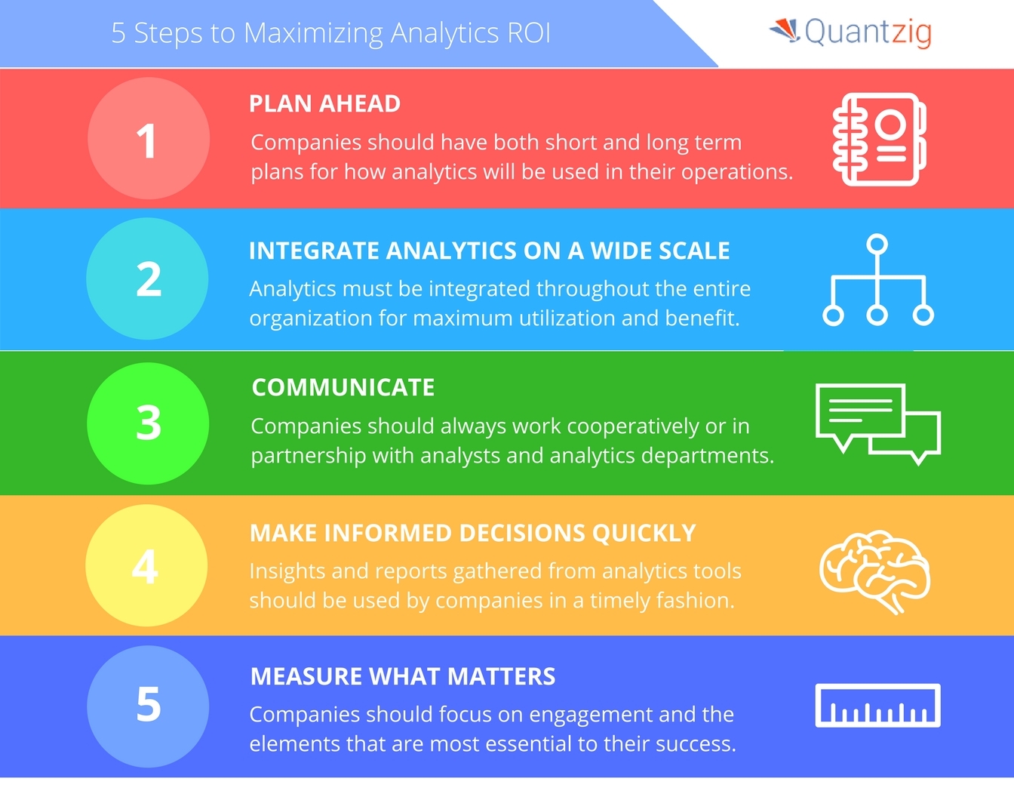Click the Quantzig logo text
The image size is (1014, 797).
[x=868, y=32]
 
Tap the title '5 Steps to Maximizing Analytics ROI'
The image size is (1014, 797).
[x=331, y=34]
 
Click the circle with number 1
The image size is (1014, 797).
[x=149, y=138]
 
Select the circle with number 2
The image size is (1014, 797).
[x=147, y=278]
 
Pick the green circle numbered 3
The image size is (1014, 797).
[x=148, y=423]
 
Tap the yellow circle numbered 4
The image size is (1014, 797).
[x=146, y=565]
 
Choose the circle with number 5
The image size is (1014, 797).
[x=148, y=706]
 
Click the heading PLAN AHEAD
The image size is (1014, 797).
[x=324, y=103]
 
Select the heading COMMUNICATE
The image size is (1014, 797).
[x=343, y=387]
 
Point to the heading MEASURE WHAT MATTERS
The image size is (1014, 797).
[x=403, y=676]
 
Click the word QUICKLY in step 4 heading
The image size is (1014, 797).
[x=644, y=533]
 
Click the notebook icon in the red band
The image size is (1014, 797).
[x=879, y=140]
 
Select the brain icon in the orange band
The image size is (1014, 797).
[x=875, y=572]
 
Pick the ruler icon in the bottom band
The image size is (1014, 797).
[x=877, y=706]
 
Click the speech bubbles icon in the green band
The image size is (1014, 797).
[x=877, y=424]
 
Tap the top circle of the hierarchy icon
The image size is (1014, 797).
[x=877, y=244]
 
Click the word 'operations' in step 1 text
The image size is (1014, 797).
[x=737, y=173]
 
